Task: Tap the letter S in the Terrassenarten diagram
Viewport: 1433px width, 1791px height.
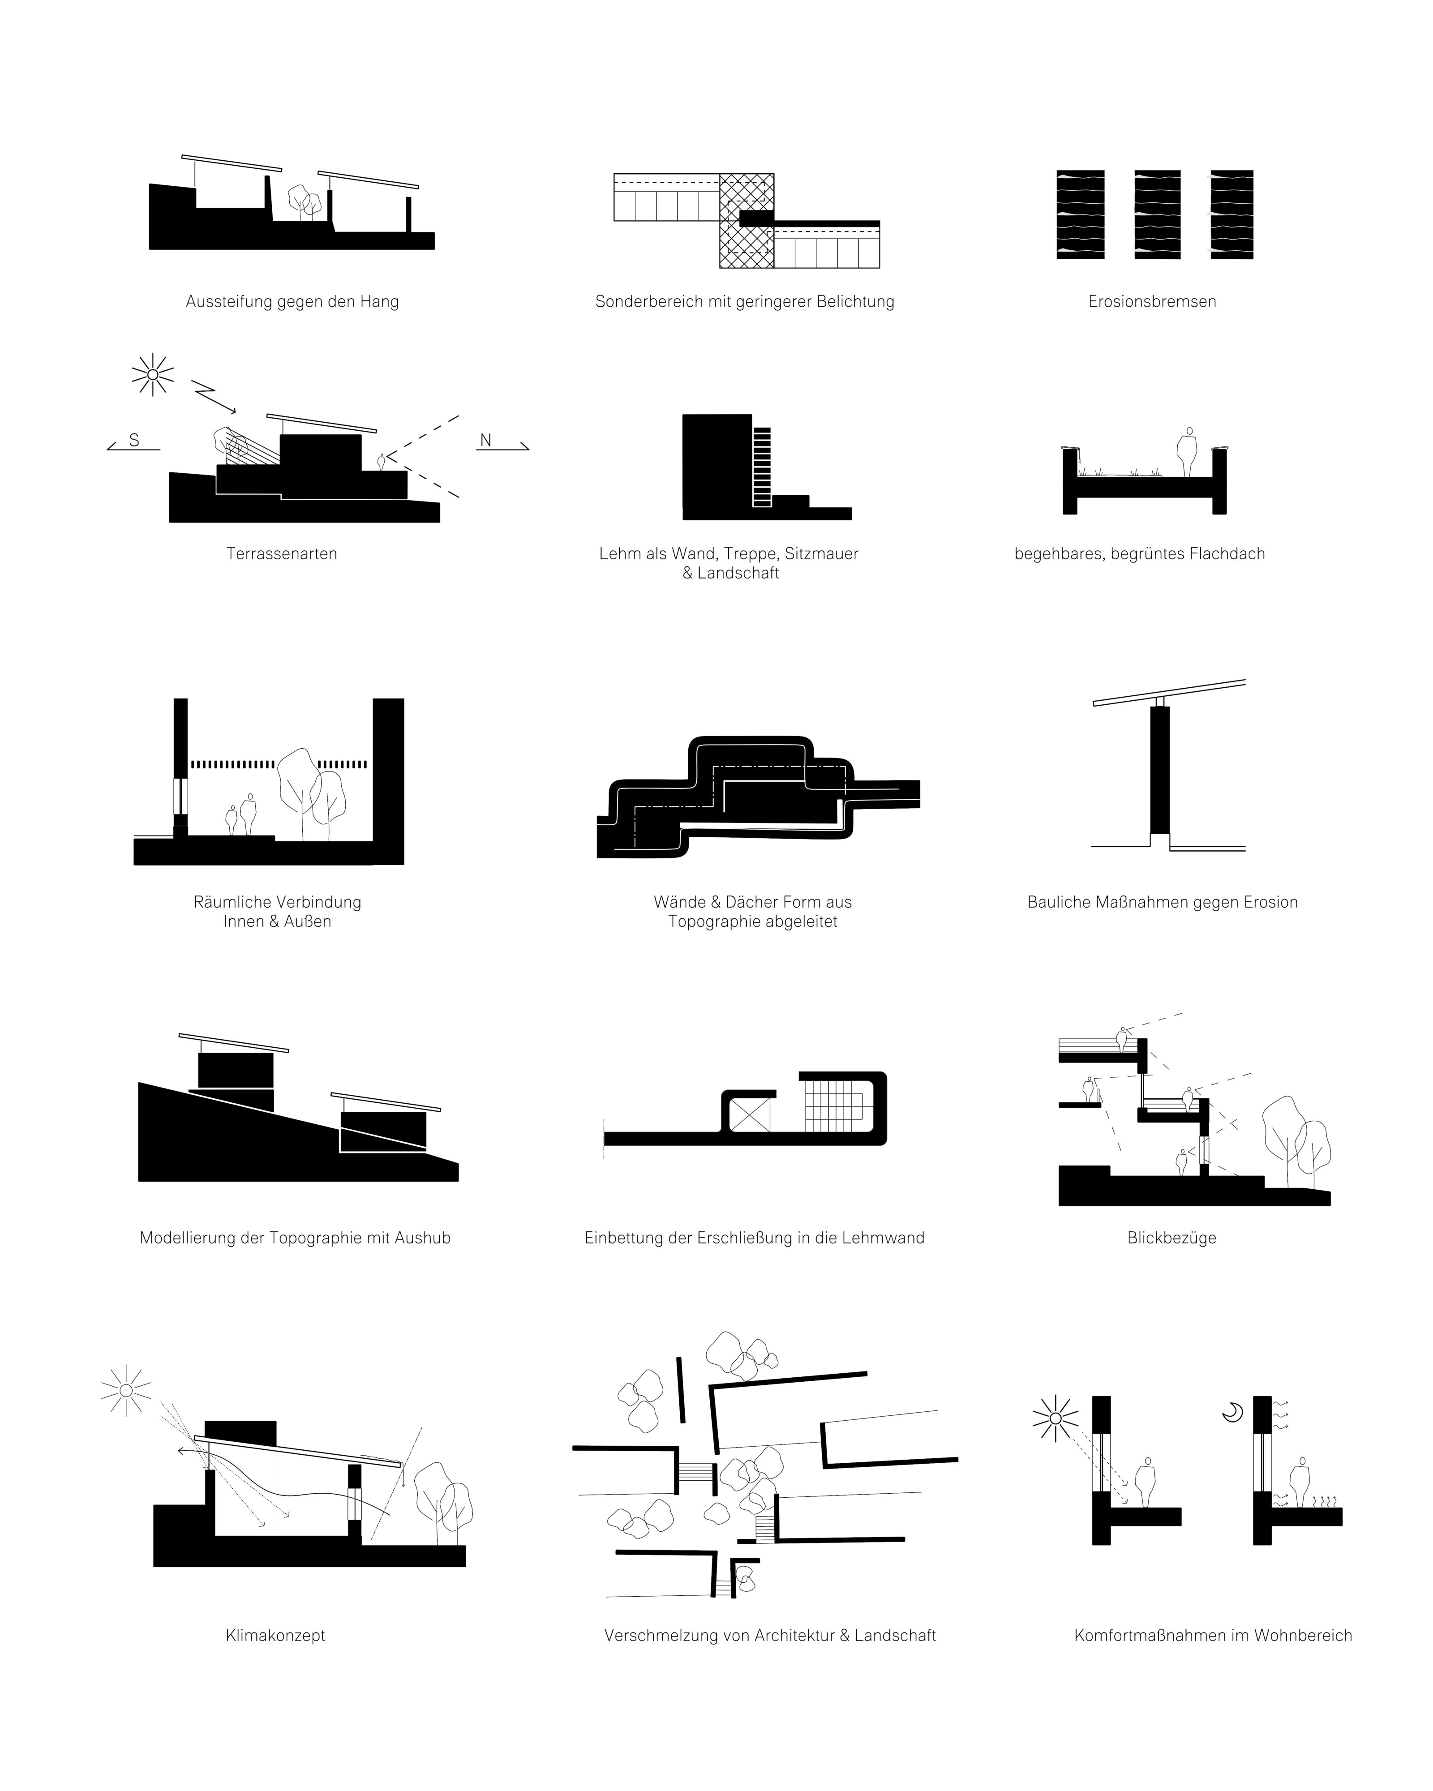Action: (x=134, y=440)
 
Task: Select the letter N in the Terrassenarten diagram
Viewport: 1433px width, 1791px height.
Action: (x=486, y=440)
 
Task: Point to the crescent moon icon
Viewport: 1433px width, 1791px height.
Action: (x=1232, y=1410)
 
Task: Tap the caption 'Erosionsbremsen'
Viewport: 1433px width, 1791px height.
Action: (x=1152, y=301)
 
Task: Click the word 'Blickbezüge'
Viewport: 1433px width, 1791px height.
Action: (x=1171, y=1238)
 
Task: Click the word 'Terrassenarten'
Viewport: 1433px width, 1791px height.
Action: (x=282, y=554)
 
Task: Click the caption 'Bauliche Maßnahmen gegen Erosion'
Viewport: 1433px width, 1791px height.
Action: (x=1162, y=902)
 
